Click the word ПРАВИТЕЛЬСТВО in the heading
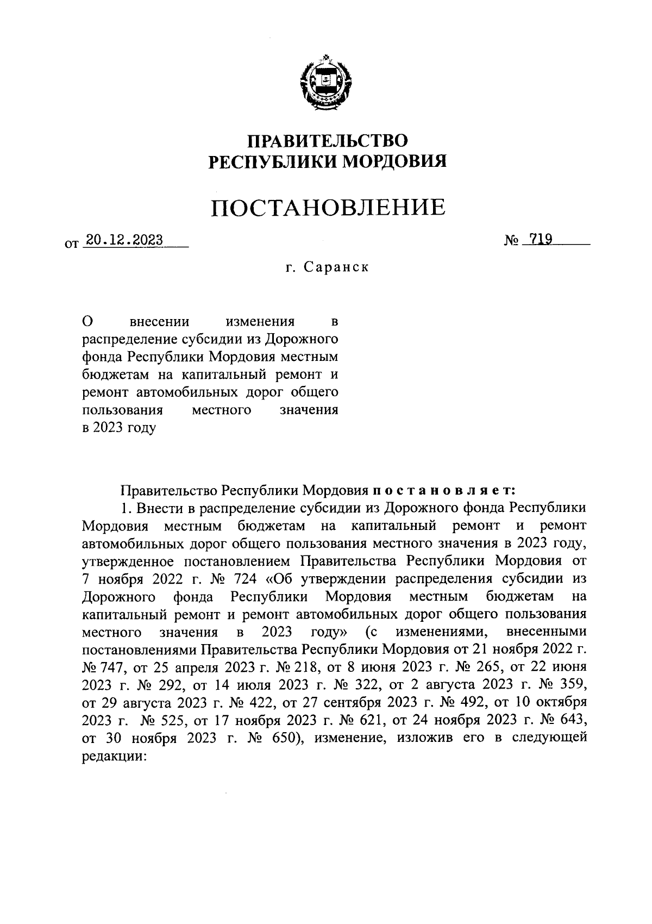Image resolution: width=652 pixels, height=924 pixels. (x=328, y=141)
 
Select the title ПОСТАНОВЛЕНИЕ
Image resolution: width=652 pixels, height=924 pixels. (x=328, y=207)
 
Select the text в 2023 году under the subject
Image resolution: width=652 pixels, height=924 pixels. (x=118, y=428)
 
